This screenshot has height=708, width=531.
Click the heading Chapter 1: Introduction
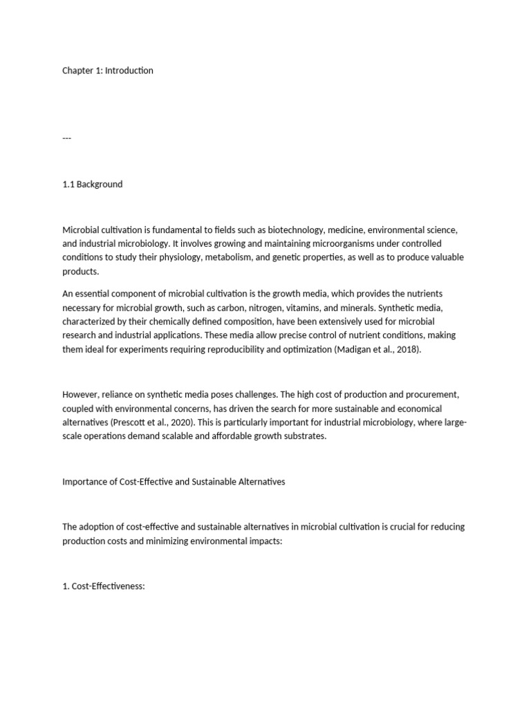click(x=108, y=71)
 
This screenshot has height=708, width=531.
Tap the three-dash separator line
click(x=67, y=138)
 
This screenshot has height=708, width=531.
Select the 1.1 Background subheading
click(x=93, y=184)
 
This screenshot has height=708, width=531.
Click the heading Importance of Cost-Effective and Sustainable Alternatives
click(x=174, y=481)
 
